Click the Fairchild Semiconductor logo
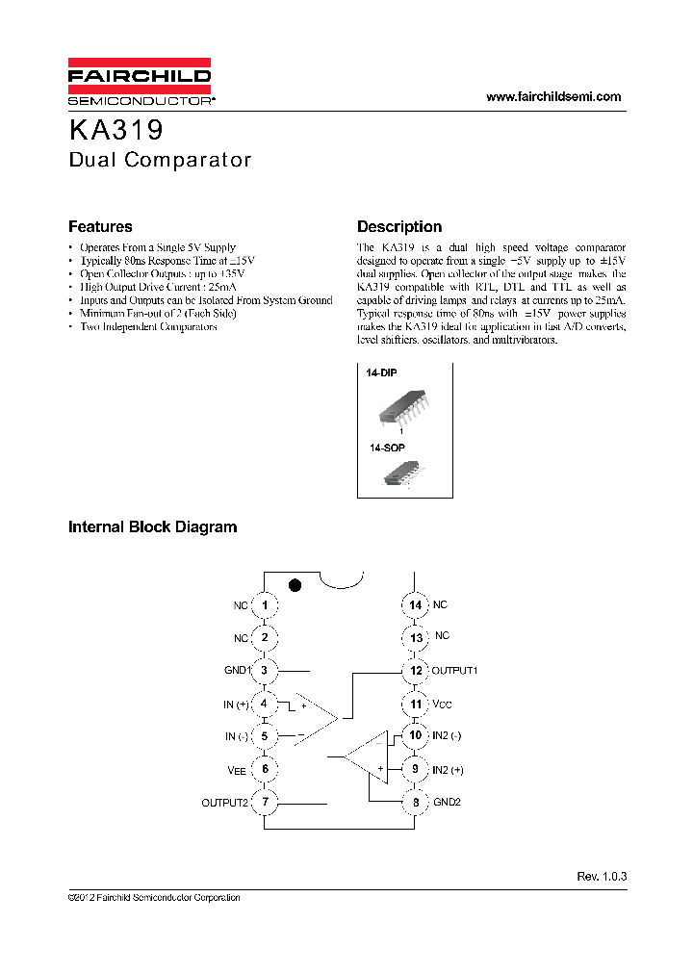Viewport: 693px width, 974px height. point(140,83)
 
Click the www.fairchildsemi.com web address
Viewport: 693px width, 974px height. point(553,96)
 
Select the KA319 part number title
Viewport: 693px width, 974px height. point(116,130)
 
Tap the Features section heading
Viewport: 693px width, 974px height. point(100,227)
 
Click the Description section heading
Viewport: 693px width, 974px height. point(399,227)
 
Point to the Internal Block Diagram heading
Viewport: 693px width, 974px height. point(152,527)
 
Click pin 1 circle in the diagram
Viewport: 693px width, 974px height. point(264,605)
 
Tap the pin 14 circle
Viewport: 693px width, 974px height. point(414,605)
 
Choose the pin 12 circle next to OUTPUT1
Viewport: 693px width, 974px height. point(414,671)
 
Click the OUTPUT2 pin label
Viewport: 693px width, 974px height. point(225,803)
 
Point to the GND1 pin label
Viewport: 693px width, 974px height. point(237,671)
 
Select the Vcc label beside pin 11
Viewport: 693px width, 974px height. point(441,705)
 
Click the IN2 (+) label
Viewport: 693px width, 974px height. point(448,769)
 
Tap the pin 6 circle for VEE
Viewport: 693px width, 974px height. point(264,769)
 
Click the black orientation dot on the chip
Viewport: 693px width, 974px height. point(296,584)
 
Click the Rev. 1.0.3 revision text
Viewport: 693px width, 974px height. point(602,877)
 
